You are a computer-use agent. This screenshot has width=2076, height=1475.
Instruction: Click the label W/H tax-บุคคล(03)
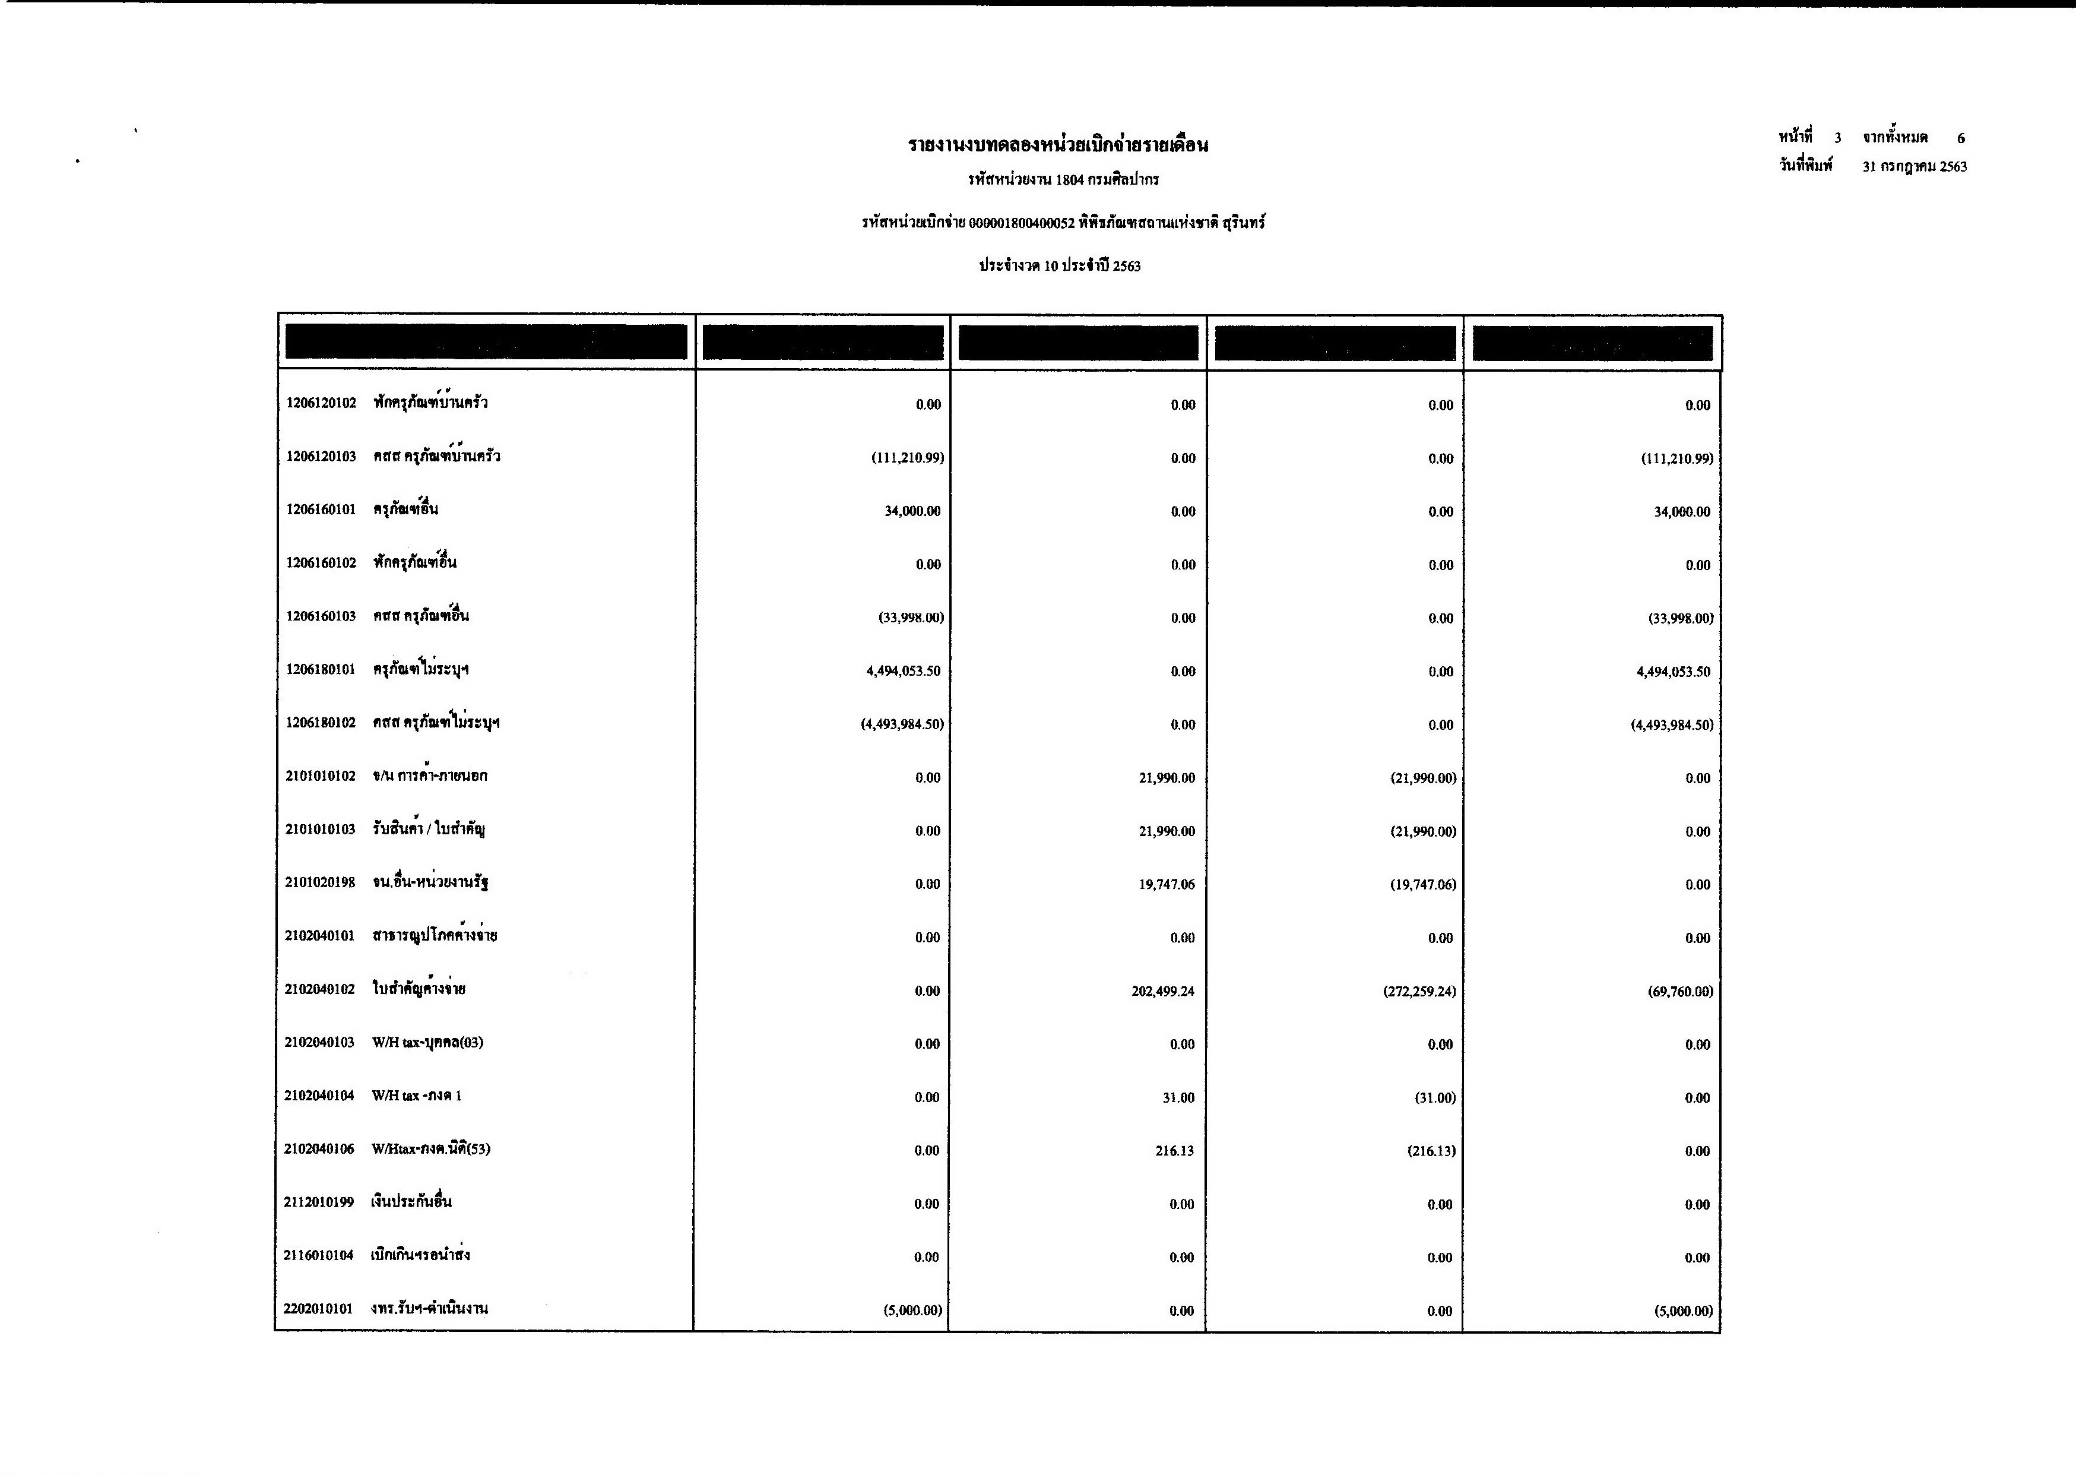coord(428,1043)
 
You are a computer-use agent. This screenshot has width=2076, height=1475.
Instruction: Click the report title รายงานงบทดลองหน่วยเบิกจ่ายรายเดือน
coord(1059,145)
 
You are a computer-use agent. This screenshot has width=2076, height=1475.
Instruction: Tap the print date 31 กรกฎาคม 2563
coord(1915,167)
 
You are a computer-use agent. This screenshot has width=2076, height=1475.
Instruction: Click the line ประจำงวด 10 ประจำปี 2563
coord(1059,266)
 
